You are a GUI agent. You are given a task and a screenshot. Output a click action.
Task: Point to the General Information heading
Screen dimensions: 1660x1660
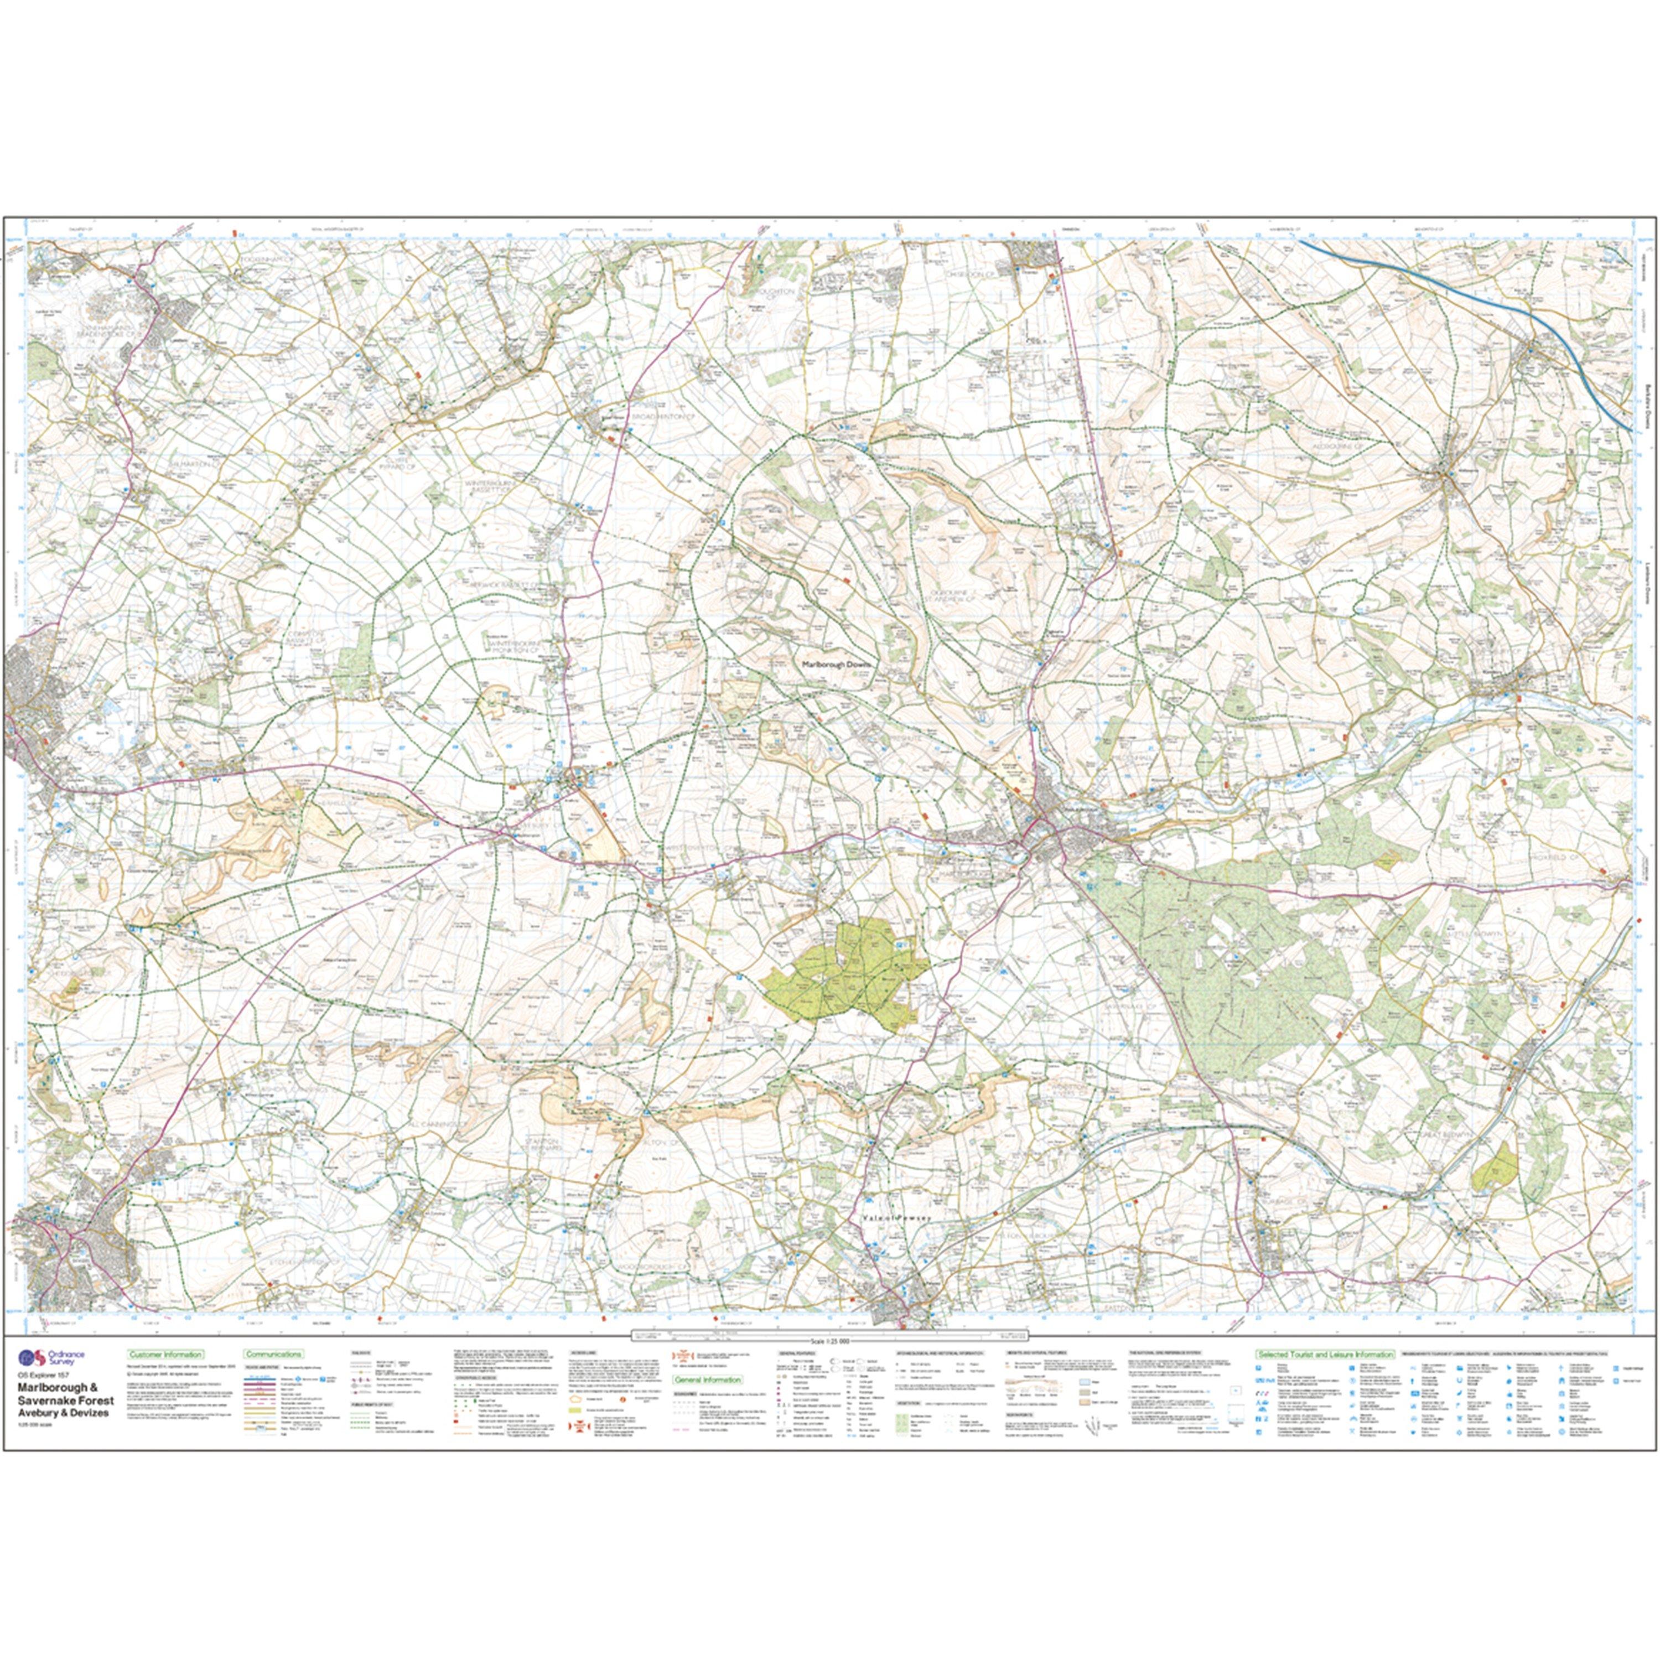click(x=706, y=1404)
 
